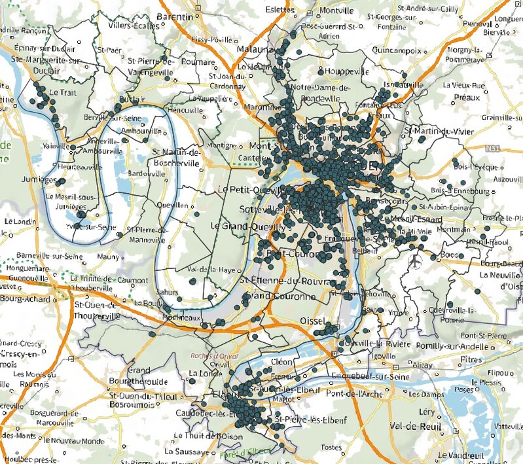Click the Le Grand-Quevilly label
pos(248,226)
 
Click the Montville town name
pos(336,11)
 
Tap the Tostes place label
pos(333,447)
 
